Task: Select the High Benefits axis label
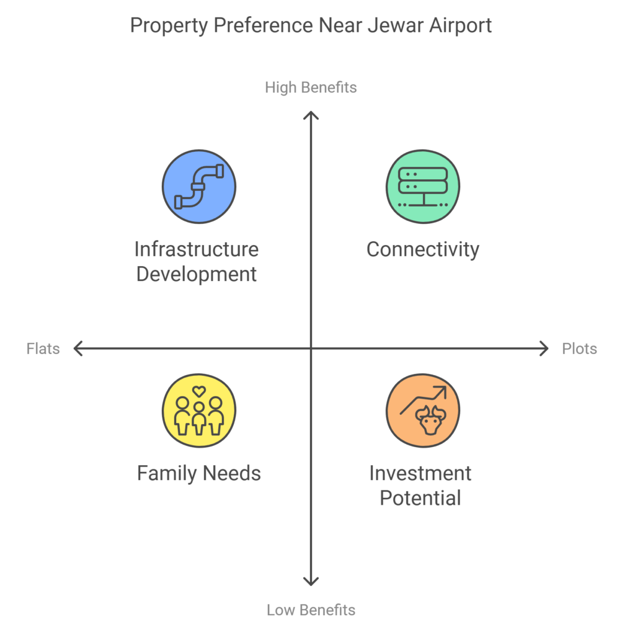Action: pyautogui.click(x=311, y=87)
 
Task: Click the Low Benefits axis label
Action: pyautogui.click(x=311, y=610)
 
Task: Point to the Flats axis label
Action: pyautogui.click(x=43, y=349)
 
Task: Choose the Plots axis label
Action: pyautogui.click(x=579, y=349)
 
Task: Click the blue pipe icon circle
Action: pyautogui.click(x=199, y=187)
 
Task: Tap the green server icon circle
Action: pyautogui.click(x=423, y=187)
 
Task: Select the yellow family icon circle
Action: pyautogui.click(x=199, y=410)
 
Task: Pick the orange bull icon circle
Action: pyautogui.click(x=423, y=410)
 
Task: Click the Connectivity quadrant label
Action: pyautogui.click(x=423, y=249)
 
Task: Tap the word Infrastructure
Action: pyautogui.click(x=197, y=249)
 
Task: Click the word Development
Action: pyautogui.click(x=197, y=274)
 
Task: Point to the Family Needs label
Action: pyautogui.click(x=198, y=474)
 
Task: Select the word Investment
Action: pyautogui.click(x=420, y=474)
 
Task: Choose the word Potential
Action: pyautogui.click(x=420, y=498)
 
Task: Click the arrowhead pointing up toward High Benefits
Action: pyautogui.click(x=311, y=115)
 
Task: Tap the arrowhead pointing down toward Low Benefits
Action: pyautogui.click(x=311, y=581)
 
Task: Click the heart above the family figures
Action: pyautogui.click(x=198, y=391)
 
